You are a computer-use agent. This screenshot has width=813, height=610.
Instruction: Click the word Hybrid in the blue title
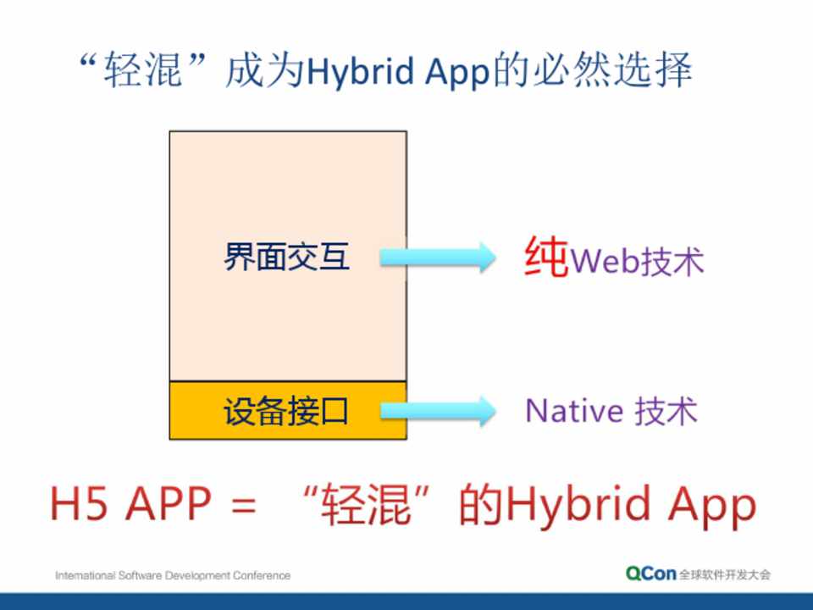[x=361, y=71]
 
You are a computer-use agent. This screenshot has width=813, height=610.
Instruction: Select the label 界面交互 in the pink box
[x=286, y=256]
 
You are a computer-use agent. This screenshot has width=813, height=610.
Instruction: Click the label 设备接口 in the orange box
[x=285, y=411]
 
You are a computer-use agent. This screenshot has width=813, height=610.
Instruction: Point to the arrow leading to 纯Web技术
[x=438, y=258]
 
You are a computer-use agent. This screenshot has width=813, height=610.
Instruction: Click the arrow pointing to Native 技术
[x=438, y=412]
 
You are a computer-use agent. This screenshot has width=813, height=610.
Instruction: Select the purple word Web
[x=605, y=260]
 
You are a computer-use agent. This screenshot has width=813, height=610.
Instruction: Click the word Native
[x=574, y=411]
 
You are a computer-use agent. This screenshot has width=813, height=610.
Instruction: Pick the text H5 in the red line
[x=79, y=502]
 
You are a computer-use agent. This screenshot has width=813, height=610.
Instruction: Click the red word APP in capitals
[x=169, y=502]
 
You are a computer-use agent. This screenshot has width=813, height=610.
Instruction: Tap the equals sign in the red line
[x=243, y=503]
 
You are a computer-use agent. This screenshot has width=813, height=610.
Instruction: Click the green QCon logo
[x=650, y=574]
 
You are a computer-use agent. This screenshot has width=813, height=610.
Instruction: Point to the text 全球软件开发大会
[x=725, y=574]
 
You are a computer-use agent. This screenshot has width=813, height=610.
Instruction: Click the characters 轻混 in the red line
[x=366, y=503]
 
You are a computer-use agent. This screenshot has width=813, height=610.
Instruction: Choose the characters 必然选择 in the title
[x=612, y=70]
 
